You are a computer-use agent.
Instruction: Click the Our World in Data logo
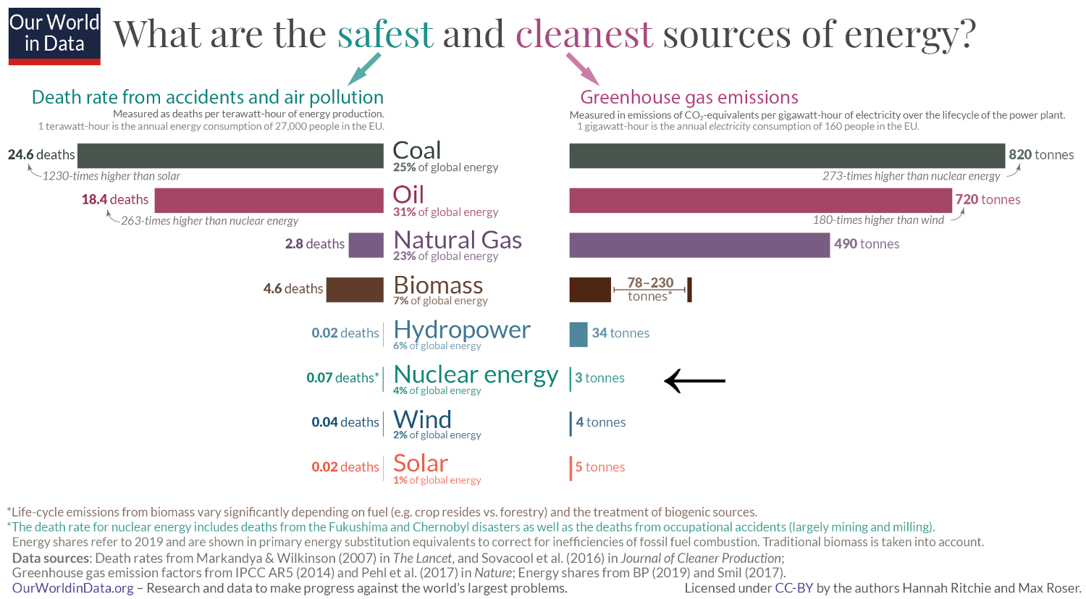54,36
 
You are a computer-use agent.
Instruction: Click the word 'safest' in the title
385,34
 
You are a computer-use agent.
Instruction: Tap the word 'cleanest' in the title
584,34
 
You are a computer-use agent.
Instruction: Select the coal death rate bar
230,156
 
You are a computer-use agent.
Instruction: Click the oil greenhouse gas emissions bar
760,201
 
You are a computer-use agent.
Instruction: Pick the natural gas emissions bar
699,245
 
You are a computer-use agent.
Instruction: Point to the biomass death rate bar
355,290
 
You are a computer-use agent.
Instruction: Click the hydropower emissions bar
578,334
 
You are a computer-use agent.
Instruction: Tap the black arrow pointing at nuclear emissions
694,380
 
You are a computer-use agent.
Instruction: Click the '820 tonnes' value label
1041,154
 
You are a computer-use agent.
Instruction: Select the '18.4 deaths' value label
115,199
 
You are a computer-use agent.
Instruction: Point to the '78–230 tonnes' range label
649,289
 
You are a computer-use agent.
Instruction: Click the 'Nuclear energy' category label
476,374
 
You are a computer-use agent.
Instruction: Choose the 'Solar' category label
421,464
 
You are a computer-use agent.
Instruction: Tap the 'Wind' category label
422,419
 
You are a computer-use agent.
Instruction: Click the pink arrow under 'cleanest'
582,69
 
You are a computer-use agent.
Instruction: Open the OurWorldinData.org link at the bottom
73,588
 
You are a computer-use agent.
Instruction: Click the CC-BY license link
794,588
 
